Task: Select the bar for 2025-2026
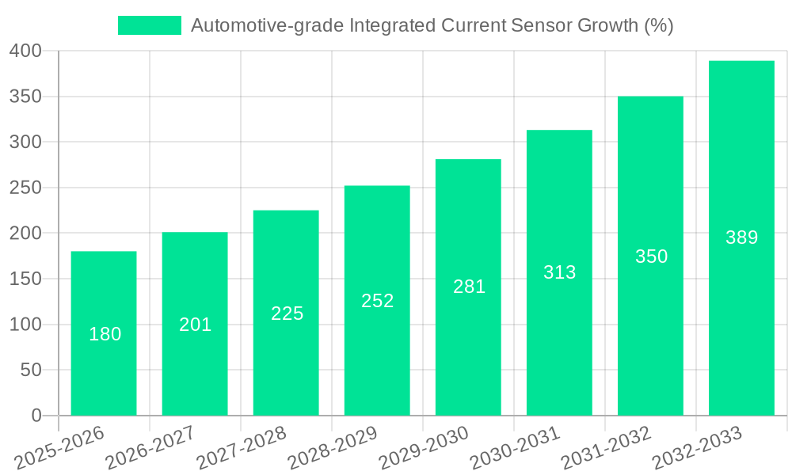(104, 333)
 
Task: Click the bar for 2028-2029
(377, 301)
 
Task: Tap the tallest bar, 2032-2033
(741, 237)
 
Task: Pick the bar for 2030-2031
(559, 272)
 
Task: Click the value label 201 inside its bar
(196, 325)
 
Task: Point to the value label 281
(469, 287)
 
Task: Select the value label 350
(651, 256)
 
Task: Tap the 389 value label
(741, 237)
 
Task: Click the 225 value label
(287, 313)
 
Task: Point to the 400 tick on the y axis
(25, 51)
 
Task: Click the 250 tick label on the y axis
(25, 188)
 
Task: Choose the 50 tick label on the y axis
(31, 370)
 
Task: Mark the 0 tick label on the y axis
(36, 416)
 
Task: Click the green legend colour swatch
(149, 25)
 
